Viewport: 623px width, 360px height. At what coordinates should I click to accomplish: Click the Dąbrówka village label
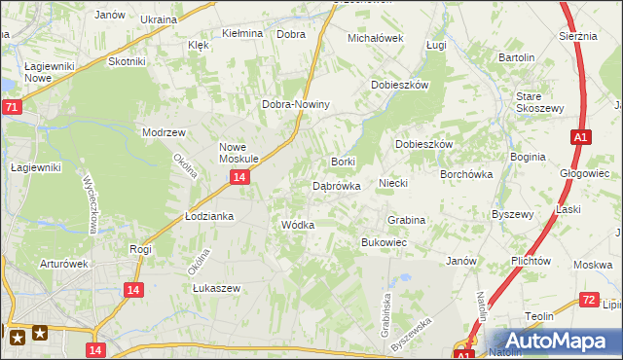pyautogui.click(x=337, y=185)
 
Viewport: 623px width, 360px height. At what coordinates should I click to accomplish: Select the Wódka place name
pyautogui.click(x=298, y=225)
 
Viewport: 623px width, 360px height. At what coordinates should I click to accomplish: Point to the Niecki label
pyautogui.click(x=392, y=183)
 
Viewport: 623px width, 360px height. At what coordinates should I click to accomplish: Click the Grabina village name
pyautogui.click(x=407, y=220)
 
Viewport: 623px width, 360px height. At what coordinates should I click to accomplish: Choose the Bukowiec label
pyautogui.click(x=384, y=241)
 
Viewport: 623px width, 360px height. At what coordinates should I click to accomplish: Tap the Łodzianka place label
pyautogui.click(x=209, y=216)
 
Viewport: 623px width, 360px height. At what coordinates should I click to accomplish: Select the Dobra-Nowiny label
pyautogui.click(x=297, y=104)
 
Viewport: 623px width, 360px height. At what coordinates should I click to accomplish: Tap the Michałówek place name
pyautogui.click(x=376, y=38)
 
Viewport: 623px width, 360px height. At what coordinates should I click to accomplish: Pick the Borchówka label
pyautogui.click(x=466, y=174)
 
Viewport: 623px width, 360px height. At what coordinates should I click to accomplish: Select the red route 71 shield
pyautogui.click(x=11, y=107)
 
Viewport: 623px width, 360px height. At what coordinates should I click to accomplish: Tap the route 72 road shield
pyautogui.click(x=588, y=300)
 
